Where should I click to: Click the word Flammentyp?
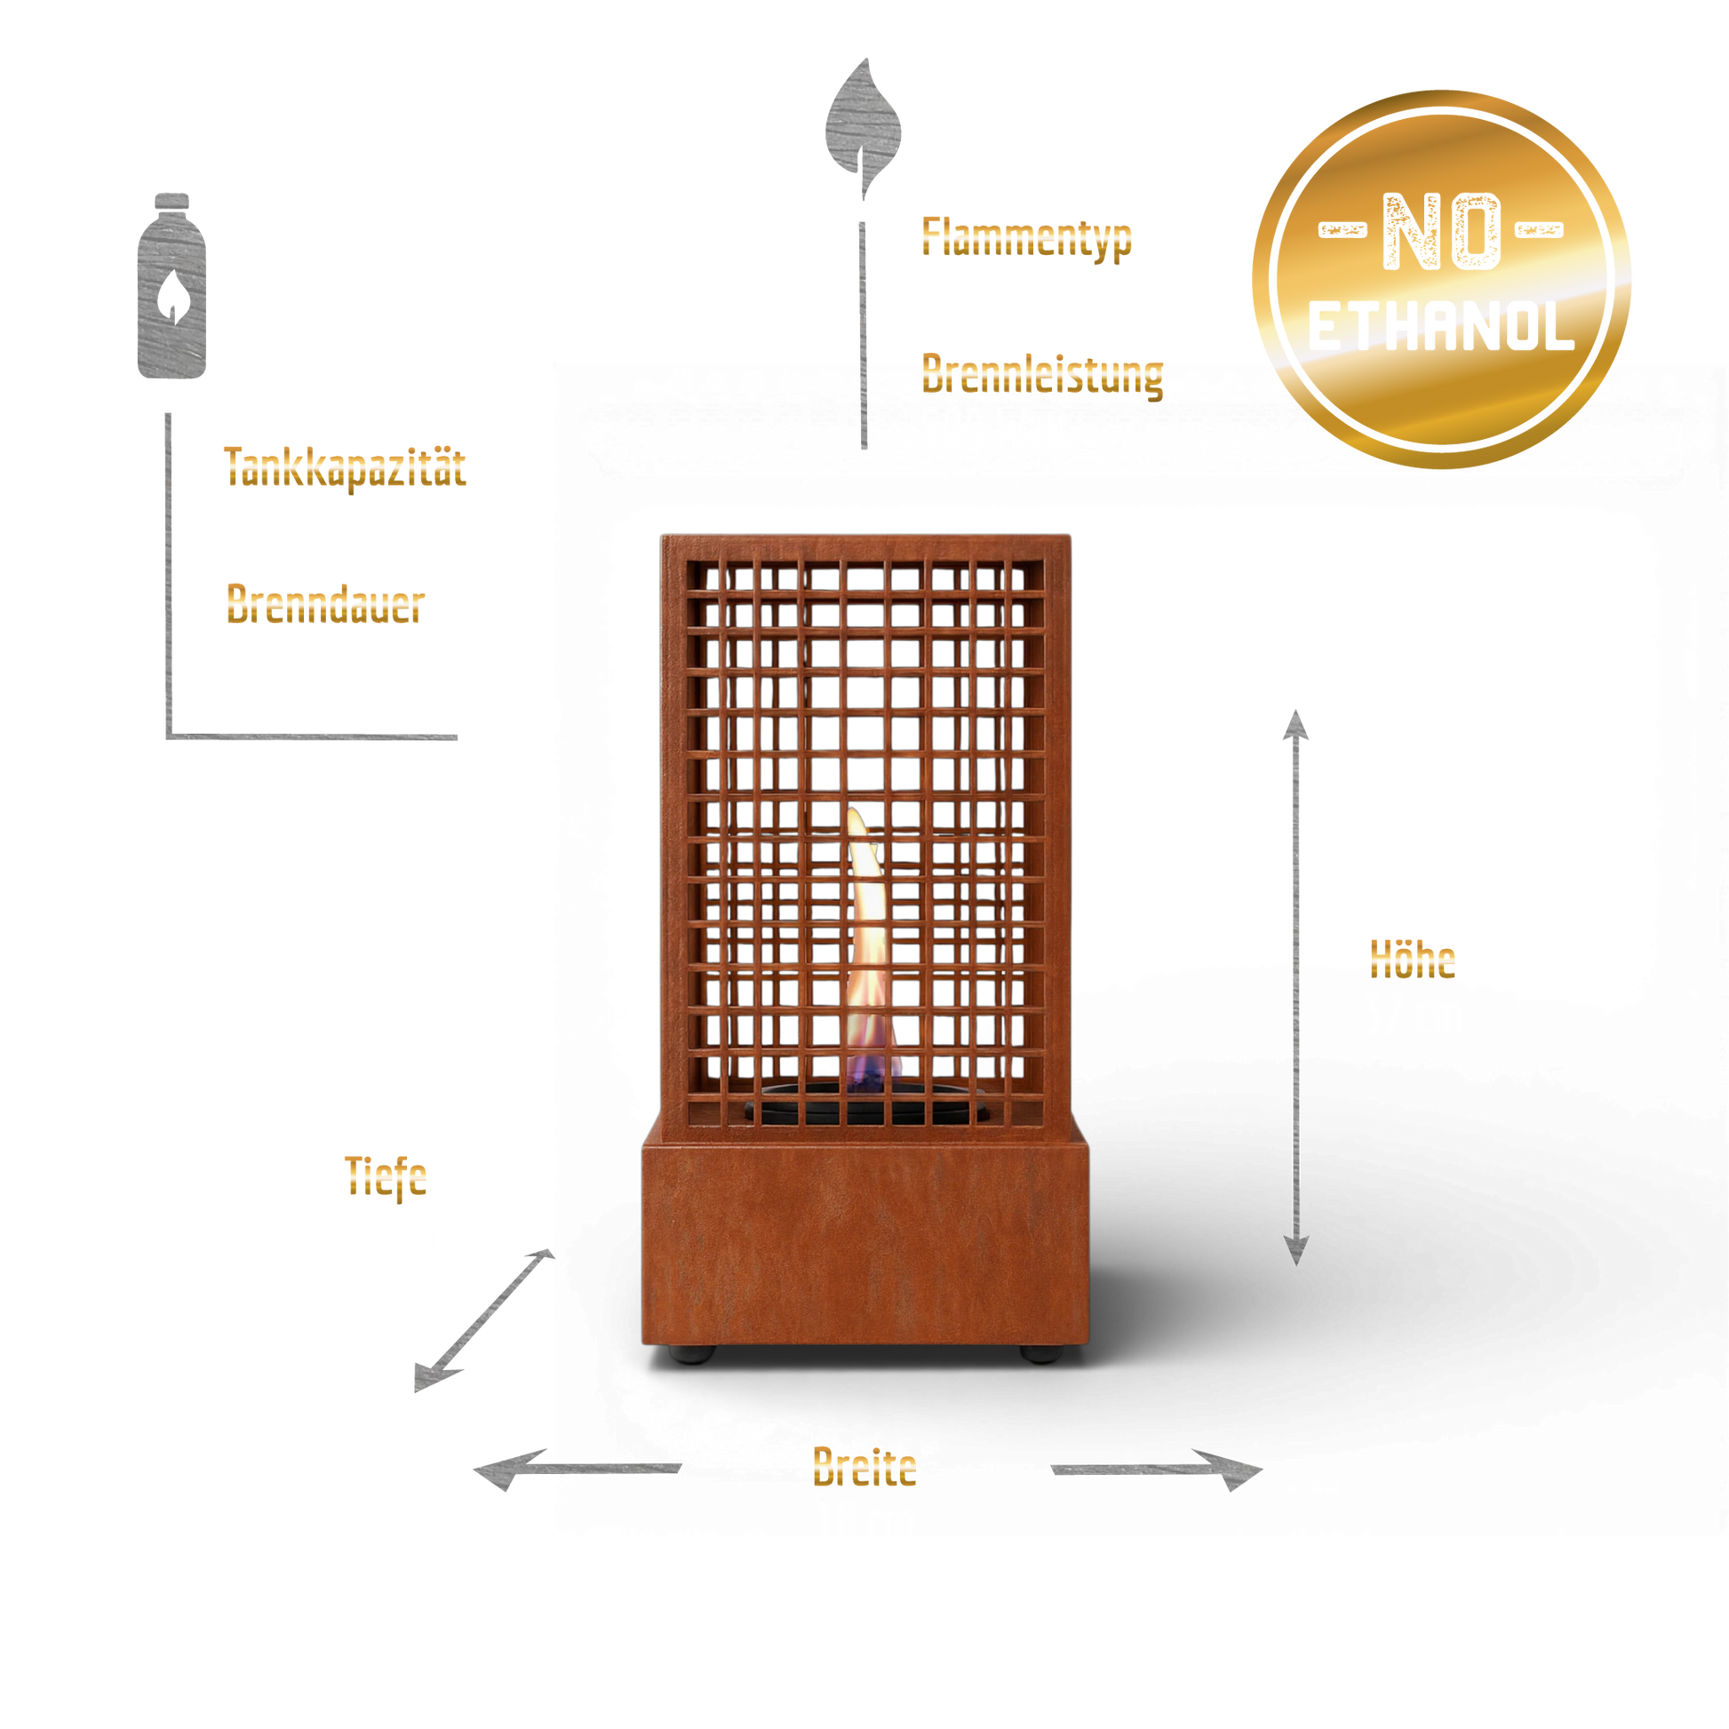point(1026,237)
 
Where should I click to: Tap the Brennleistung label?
point(1042,374)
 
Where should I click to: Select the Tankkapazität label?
point(346,467)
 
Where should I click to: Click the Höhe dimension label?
point(1412,960)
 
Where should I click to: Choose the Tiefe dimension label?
point(386,1176)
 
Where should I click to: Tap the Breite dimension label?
point(864,1467)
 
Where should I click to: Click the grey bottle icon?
point(171,285)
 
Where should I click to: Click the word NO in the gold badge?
point(1441,232)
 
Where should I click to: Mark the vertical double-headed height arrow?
point(1295,987)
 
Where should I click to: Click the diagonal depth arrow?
point(484,1320)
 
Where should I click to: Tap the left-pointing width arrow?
point(578,1469)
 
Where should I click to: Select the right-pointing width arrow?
point(1156,1470)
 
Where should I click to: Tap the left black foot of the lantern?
point(692,1355)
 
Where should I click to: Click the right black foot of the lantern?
point(1040,1354)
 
